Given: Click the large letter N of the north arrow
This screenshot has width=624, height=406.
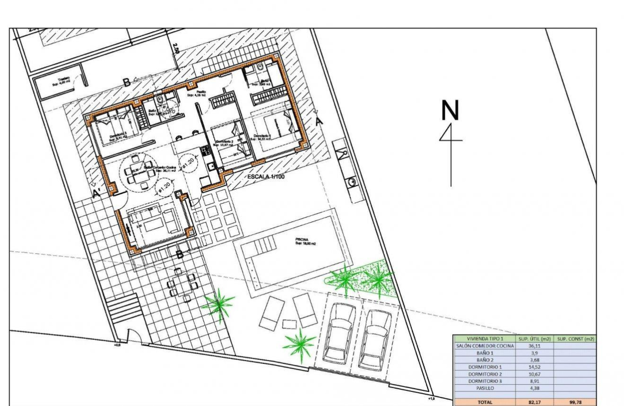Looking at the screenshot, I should (450, 110).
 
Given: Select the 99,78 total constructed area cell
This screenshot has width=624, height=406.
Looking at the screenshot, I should (575, 402).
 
